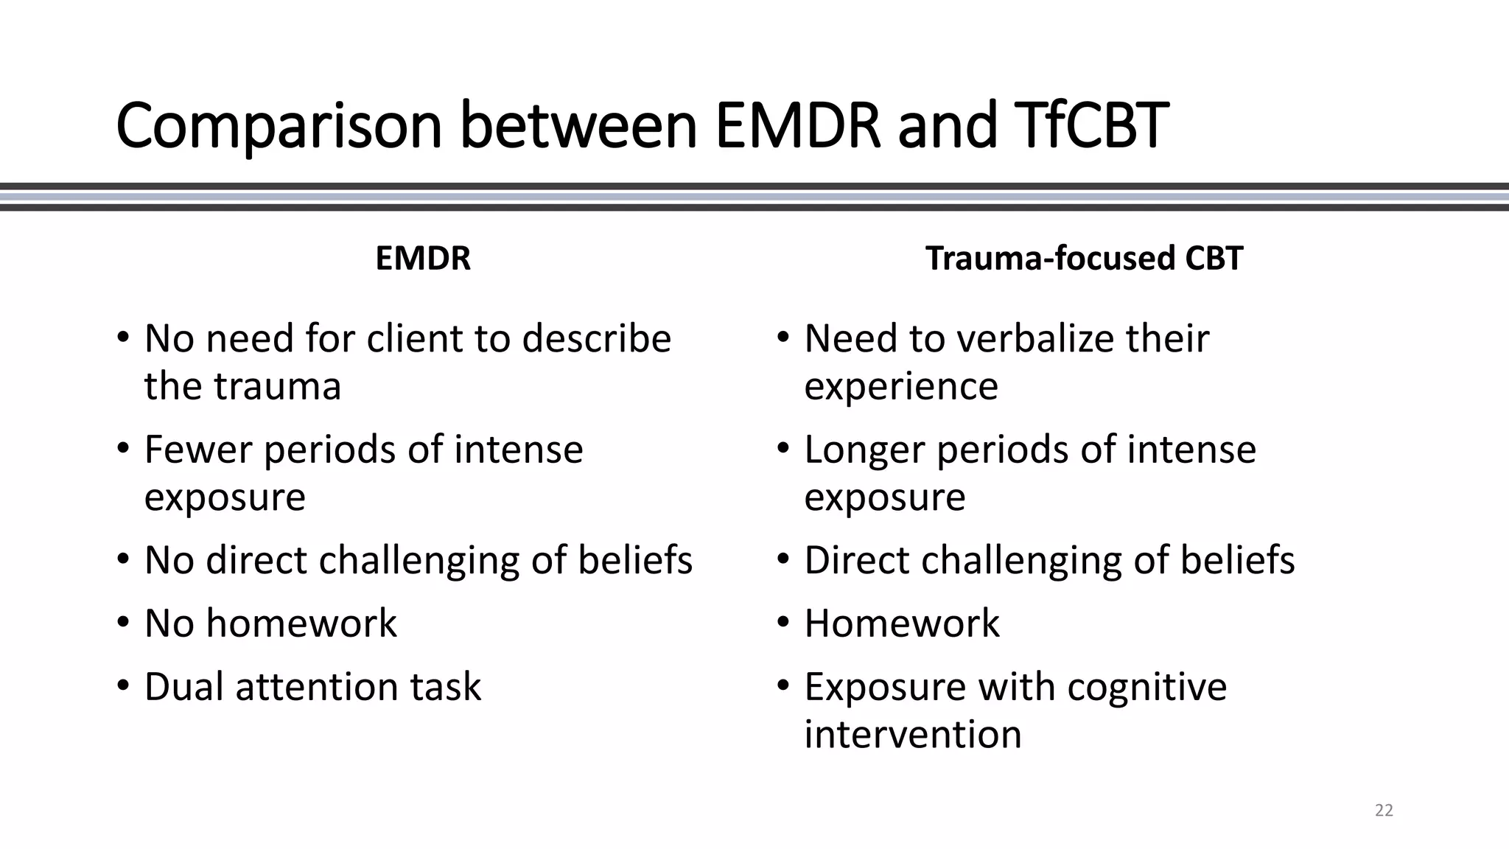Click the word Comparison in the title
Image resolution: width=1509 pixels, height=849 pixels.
[x=279, y=125]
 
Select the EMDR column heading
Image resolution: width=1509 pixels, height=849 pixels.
[x=422, y=259]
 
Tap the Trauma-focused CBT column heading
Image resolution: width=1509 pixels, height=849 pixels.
[x=1084, y=259]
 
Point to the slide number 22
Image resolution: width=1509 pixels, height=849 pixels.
[x=1384, y=811]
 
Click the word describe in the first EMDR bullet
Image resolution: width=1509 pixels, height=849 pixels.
[x=596, y=339]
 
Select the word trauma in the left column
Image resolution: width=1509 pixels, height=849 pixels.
[x=278, y=386]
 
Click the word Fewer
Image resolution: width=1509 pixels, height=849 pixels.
[x=198, y=450]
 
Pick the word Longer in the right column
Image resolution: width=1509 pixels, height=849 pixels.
[x=864, y=450]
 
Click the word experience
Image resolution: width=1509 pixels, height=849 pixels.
[x=900, y=386]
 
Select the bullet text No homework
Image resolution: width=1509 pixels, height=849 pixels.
[x=270, y=623]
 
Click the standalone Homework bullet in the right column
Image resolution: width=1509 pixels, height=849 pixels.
[x=902, y=623]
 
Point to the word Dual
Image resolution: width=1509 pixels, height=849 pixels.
[x=184, y=687]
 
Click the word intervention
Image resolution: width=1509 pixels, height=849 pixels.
[x=912, y=735]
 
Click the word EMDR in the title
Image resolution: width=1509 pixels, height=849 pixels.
[x=797, y=125]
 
